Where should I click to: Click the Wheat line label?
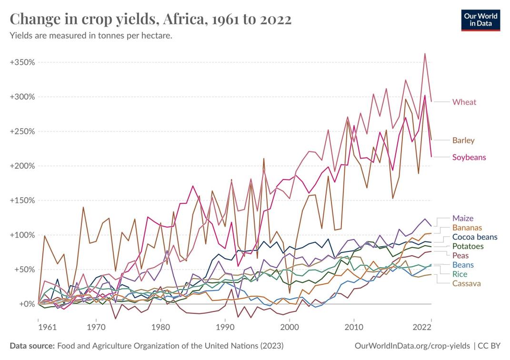[x=464, y=102]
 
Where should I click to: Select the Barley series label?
[x=463, y=140]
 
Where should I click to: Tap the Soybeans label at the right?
[x=469, y=157]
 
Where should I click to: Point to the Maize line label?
[x=463, y=219]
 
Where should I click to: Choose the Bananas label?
[x=467, y=228]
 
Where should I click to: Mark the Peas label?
[x=460, y=256]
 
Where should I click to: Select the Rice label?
[x=460, y=274]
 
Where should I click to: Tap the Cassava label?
[x=466, y=283]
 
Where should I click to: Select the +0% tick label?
[x=24, y=304]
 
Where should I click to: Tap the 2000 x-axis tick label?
[x=289, y=328]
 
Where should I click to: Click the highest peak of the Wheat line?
[x=425, y=53]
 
